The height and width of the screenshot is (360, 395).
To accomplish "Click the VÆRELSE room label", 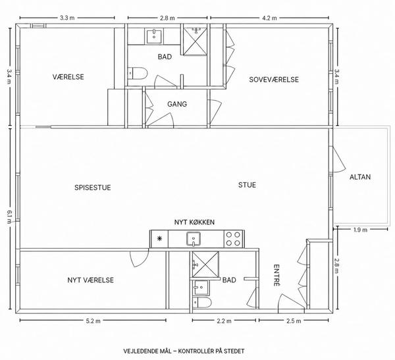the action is (x=68, y=77).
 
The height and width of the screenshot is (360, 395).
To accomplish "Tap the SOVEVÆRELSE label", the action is (x=274, y=80).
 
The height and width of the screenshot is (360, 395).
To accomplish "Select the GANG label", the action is (x=177, y=104).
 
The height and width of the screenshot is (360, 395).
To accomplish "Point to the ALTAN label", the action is (x=360, y=177).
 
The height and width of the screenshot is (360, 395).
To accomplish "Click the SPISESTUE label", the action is (x=92, y=188).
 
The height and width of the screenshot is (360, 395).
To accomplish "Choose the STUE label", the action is (x=247, y=185).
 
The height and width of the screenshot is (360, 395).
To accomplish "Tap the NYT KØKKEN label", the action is (x=194, y=222).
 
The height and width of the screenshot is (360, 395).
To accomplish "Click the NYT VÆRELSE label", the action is (x=90, y=280).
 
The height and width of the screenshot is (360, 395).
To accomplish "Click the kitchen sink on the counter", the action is (x=194, y=239).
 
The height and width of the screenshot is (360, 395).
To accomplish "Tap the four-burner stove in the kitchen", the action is (x=233, y=239).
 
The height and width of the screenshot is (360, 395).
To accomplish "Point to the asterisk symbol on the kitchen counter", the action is (x=159, y=238).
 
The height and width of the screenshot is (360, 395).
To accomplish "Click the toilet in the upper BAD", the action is (x=138, y=73).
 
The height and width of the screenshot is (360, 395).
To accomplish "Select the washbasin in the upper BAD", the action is (x=153, y=36).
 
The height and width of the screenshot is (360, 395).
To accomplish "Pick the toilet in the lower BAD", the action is (x=202, y=302).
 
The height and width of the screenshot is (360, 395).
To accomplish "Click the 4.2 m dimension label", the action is (x=269, y=18).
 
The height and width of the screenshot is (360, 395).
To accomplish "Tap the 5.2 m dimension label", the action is (x=93, y=321).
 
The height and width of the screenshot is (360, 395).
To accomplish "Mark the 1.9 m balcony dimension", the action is (x=360, y=230).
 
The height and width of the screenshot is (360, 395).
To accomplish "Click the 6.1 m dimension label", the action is (x=9, y=217).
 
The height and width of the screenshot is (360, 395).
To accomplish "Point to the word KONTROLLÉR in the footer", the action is (x=196, y=351).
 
